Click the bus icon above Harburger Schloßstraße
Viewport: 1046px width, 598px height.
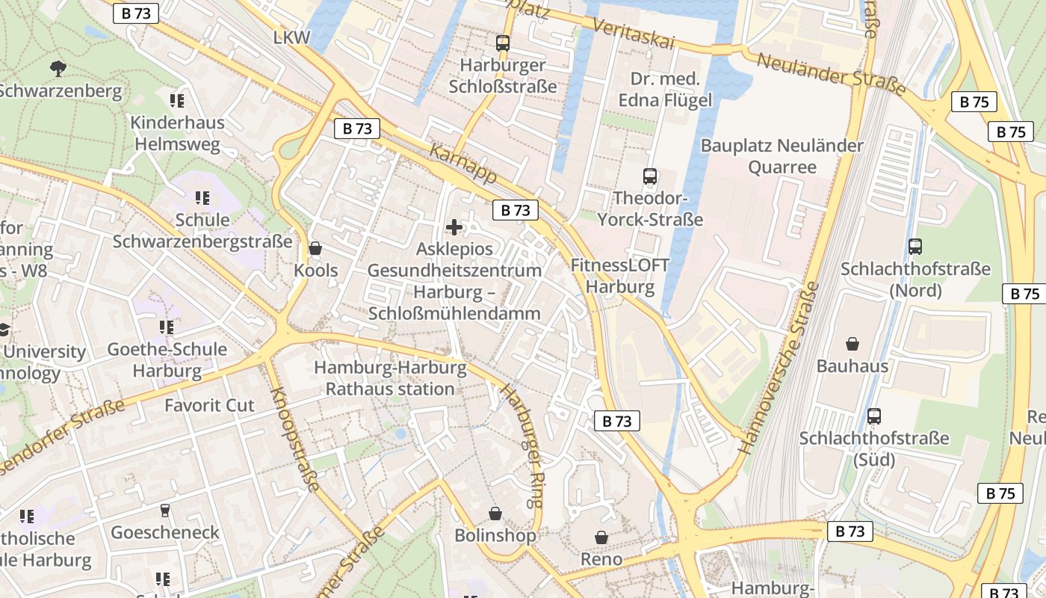503,43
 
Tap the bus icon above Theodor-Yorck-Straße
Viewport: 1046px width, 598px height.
650,177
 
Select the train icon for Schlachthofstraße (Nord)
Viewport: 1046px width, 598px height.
915,247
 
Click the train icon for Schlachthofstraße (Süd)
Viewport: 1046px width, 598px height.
874,416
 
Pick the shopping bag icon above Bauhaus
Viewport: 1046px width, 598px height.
852,344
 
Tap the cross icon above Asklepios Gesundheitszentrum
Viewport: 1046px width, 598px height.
454,227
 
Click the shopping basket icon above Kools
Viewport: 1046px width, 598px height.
315,248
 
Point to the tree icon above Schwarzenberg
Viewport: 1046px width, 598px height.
58,69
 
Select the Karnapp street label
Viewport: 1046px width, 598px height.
463,164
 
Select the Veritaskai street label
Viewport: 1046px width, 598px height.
633,34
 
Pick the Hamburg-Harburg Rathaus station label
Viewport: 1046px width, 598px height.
390,378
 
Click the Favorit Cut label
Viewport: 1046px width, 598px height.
209,405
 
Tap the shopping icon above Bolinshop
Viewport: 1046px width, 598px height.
495,514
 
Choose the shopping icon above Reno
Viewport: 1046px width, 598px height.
601,537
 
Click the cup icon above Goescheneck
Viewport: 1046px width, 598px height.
165,511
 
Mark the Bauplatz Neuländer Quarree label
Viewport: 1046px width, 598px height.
782,155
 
